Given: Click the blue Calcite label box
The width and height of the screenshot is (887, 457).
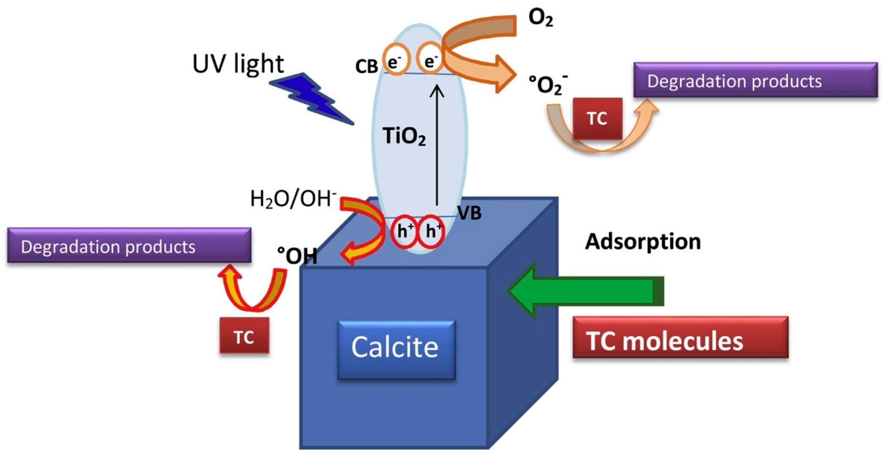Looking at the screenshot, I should (396, 350).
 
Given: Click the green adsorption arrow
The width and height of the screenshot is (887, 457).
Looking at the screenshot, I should (585, 291).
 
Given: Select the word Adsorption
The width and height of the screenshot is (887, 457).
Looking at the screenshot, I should (642, 241).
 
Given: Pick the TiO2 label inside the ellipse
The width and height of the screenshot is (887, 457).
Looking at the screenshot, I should (404, 136).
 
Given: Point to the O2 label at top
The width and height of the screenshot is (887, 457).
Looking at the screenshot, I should (540, 19).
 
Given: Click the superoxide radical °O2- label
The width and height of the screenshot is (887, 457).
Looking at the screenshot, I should (548, 84).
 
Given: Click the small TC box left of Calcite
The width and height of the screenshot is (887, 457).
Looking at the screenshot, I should (244, 335).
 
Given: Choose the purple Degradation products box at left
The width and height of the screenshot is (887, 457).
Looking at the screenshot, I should (129, 246).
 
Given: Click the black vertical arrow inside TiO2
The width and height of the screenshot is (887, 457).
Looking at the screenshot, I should (438, 145).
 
